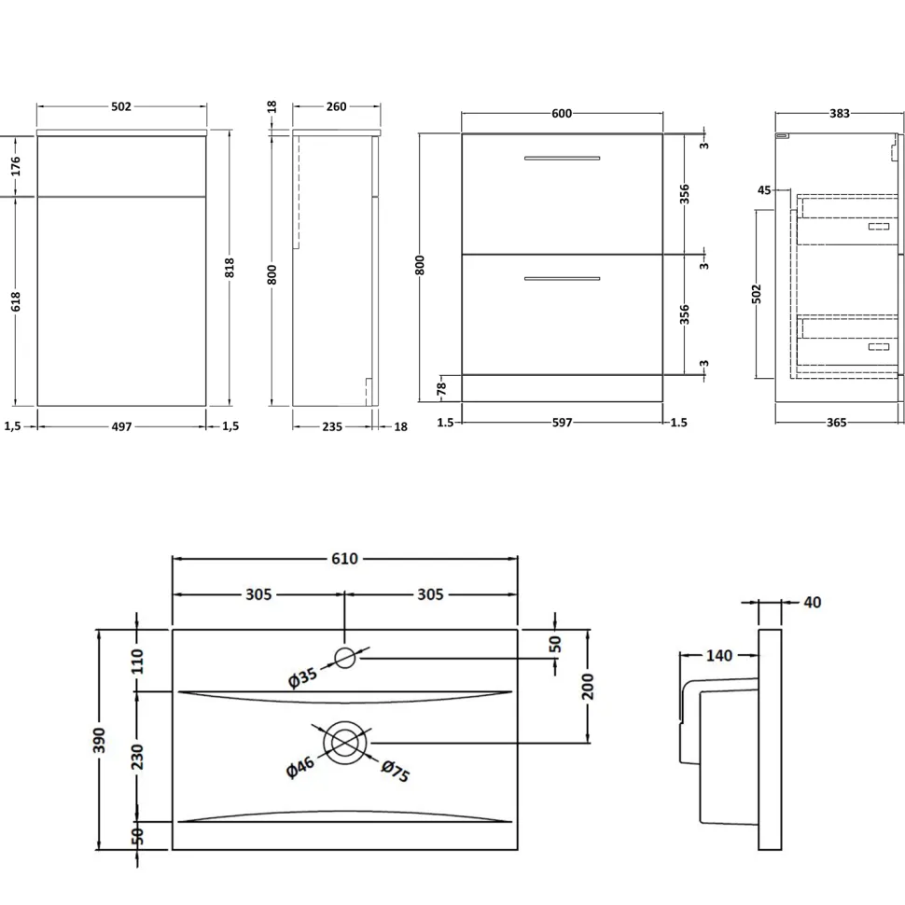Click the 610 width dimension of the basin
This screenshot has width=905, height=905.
[x=344, y=559]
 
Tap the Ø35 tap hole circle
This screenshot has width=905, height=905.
[x=344, y=658]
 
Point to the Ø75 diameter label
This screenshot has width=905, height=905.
[x=396, y=771]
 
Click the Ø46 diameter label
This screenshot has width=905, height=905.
[x=300, y=767]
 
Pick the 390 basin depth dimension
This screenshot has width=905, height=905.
[x=99, y=740]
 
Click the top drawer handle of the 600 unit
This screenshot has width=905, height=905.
[x=562, y=158]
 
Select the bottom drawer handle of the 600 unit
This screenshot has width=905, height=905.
[x=562, y=279]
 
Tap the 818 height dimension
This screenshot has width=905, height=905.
[x=230, y=267]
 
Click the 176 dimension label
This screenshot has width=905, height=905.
[x=16, y=166]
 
